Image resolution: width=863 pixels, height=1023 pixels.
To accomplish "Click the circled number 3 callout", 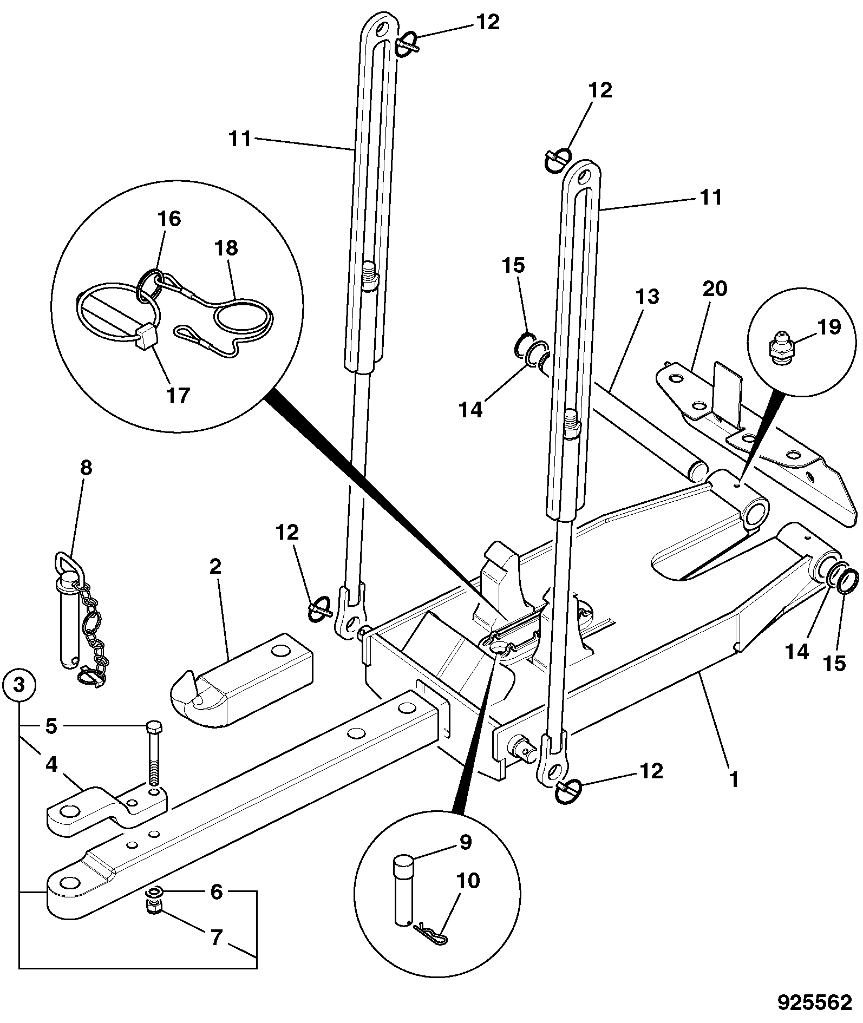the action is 19,685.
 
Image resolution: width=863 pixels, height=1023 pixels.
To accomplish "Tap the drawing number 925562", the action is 815,1003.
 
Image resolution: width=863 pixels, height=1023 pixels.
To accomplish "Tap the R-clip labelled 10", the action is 431,932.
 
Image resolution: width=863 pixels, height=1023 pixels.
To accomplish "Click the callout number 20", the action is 714,288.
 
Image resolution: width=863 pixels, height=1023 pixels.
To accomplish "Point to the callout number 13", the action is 648,297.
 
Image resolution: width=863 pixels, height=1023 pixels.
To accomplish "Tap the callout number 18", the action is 226,248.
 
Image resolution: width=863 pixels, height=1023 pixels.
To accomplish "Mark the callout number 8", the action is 87,468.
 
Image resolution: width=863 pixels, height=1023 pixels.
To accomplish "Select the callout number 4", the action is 51,766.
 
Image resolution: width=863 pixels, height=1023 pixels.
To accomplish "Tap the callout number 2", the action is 215,567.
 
